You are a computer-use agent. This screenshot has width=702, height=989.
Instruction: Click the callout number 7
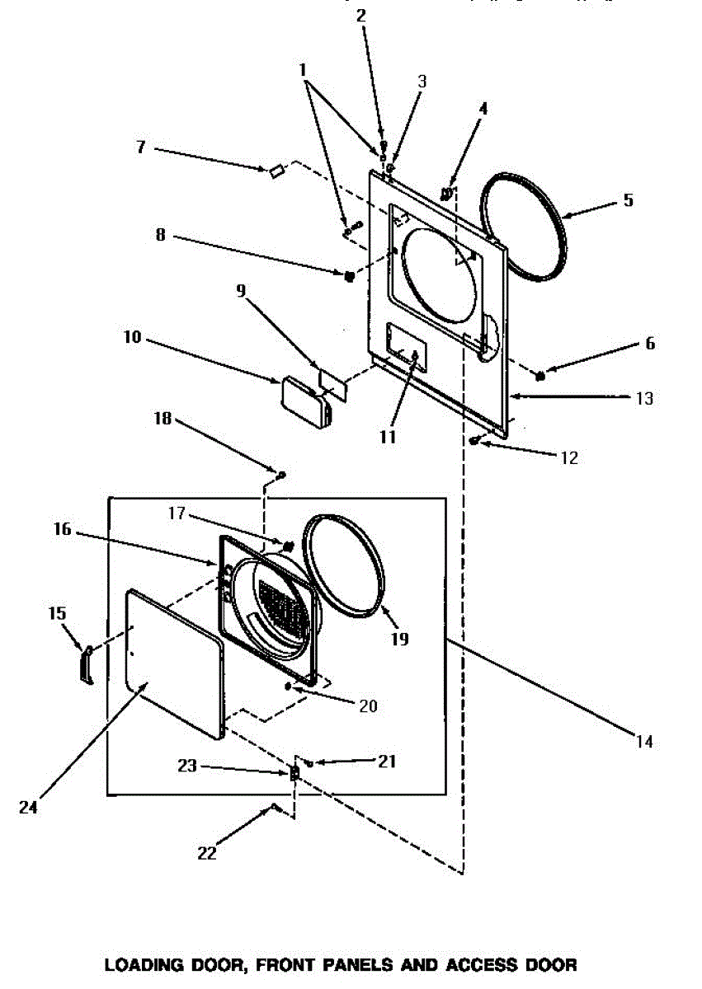141,147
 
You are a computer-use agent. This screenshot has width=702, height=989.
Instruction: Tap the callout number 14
644,742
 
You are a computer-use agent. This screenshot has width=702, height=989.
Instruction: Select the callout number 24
29,807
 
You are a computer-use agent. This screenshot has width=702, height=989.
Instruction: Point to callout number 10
133,338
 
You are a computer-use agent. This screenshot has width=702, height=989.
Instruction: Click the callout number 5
628,199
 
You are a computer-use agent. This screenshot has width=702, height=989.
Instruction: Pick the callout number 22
206,854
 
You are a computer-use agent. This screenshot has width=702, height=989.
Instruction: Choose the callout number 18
163,419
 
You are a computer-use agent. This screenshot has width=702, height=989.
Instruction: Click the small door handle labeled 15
86,663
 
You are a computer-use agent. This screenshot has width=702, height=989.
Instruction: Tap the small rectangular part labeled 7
275,170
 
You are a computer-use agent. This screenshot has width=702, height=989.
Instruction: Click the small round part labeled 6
541,376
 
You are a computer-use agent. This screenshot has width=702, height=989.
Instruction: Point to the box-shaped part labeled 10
304,399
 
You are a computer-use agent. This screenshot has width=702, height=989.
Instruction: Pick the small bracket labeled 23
293,773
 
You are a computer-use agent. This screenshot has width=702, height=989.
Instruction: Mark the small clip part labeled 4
447,195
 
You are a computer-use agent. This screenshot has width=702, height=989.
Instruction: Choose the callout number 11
389,436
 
